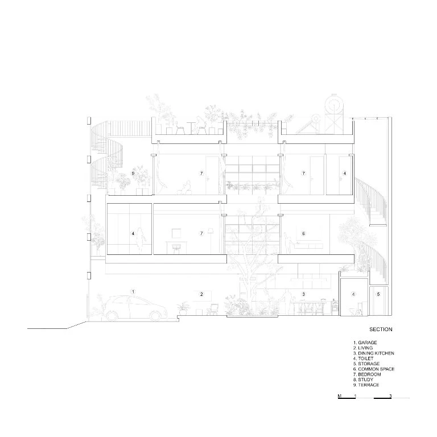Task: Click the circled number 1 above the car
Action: (133, 292)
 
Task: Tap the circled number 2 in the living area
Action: (201, 294)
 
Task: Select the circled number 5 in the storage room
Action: (378, 294)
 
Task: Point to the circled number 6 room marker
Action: (304, 233)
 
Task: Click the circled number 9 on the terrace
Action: (133, 174)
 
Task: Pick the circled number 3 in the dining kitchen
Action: (304, 294)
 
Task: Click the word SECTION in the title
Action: (381, 329)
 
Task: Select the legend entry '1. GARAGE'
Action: (365, 343)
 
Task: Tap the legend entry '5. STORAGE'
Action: (366, 364)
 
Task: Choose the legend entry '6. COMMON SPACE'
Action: (374, 369)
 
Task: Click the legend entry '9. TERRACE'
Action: (366, 385)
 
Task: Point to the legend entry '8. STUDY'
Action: (363, 380)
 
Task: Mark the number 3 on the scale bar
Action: (390, 396)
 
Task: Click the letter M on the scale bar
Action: (340, 396)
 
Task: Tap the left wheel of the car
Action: (112, 315)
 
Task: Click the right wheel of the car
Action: (155, 315)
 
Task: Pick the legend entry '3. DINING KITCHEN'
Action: (374, 353)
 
